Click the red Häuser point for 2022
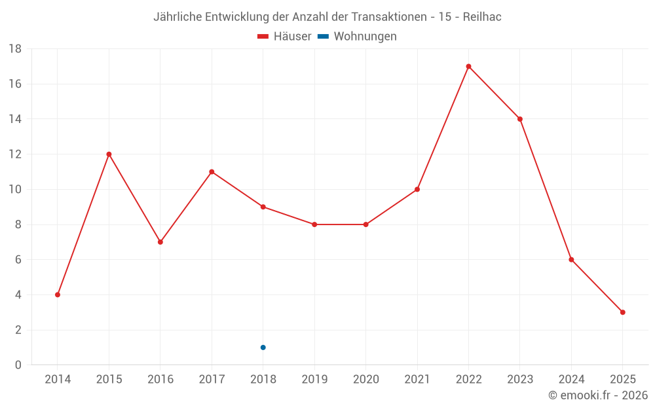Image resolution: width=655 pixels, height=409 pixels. (x=468, y=66)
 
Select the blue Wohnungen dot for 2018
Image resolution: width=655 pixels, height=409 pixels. (x=263, y=347)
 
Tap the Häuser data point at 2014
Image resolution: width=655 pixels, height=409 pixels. (x=58, y=294)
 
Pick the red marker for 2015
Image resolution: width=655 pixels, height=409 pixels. (x=109, y=154)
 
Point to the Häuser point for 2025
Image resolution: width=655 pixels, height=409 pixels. (x=622, y=312)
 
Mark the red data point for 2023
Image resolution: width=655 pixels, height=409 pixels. (x=519, y=119)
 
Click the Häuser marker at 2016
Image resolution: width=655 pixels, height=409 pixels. (x=160, y=242)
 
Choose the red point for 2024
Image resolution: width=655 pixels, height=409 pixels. (x=571, y=260)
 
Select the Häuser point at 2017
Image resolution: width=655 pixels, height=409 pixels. (x=212, y=171)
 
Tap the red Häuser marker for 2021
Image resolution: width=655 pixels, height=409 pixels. (x=417, y=189)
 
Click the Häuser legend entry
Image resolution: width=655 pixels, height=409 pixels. (x=285, y=37)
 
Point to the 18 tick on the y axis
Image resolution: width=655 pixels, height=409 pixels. (x=15, y=49)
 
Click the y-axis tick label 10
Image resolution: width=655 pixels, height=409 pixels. (x=15, y=189)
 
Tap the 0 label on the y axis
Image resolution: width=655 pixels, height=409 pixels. (x=18, y=365)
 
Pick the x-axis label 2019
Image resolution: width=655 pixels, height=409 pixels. (x=314, y=380)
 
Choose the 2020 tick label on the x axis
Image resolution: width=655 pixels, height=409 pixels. (x=365, y=380)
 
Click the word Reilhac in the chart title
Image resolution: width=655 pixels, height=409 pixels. (x=482, y=17)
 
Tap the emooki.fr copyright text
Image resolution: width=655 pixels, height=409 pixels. (x=598, y=395)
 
